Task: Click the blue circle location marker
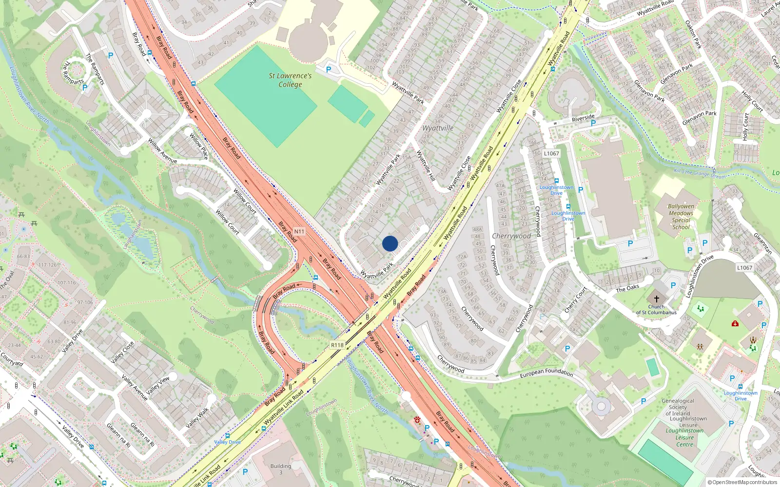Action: click(x=390, y=243)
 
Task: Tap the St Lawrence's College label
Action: click(x=290, y=80)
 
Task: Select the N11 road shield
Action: click(x=299, y=232)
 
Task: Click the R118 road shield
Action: click(x=337, y=345)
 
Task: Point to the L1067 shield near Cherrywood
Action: click(x=551, y=153)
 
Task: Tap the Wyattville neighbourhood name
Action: click(x=438, y=128)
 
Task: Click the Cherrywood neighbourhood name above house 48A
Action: click(x=511, y=236)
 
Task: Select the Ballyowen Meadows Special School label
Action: click(x=681, y=217)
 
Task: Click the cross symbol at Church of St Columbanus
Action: click(x=657, y=299)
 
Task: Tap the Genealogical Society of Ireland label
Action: click(x=678, y=407)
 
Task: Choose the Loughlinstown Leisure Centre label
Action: click(x=685, y=437)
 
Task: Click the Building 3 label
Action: click(x=281, y=469)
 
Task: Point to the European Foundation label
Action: click(x=546, y=373)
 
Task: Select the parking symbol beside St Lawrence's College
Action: click(x=329, y=70)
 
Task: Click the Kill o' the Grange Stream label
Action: click(x=699, y=174)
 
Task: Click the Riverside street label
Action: click(x=583, y=118)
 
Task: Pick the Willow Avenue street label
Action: click(x=162, y=151)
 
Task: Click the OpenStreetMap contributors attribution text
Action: click(x=742, y=483)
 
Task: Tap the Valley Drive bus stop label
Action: click(x=227, y=442)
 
